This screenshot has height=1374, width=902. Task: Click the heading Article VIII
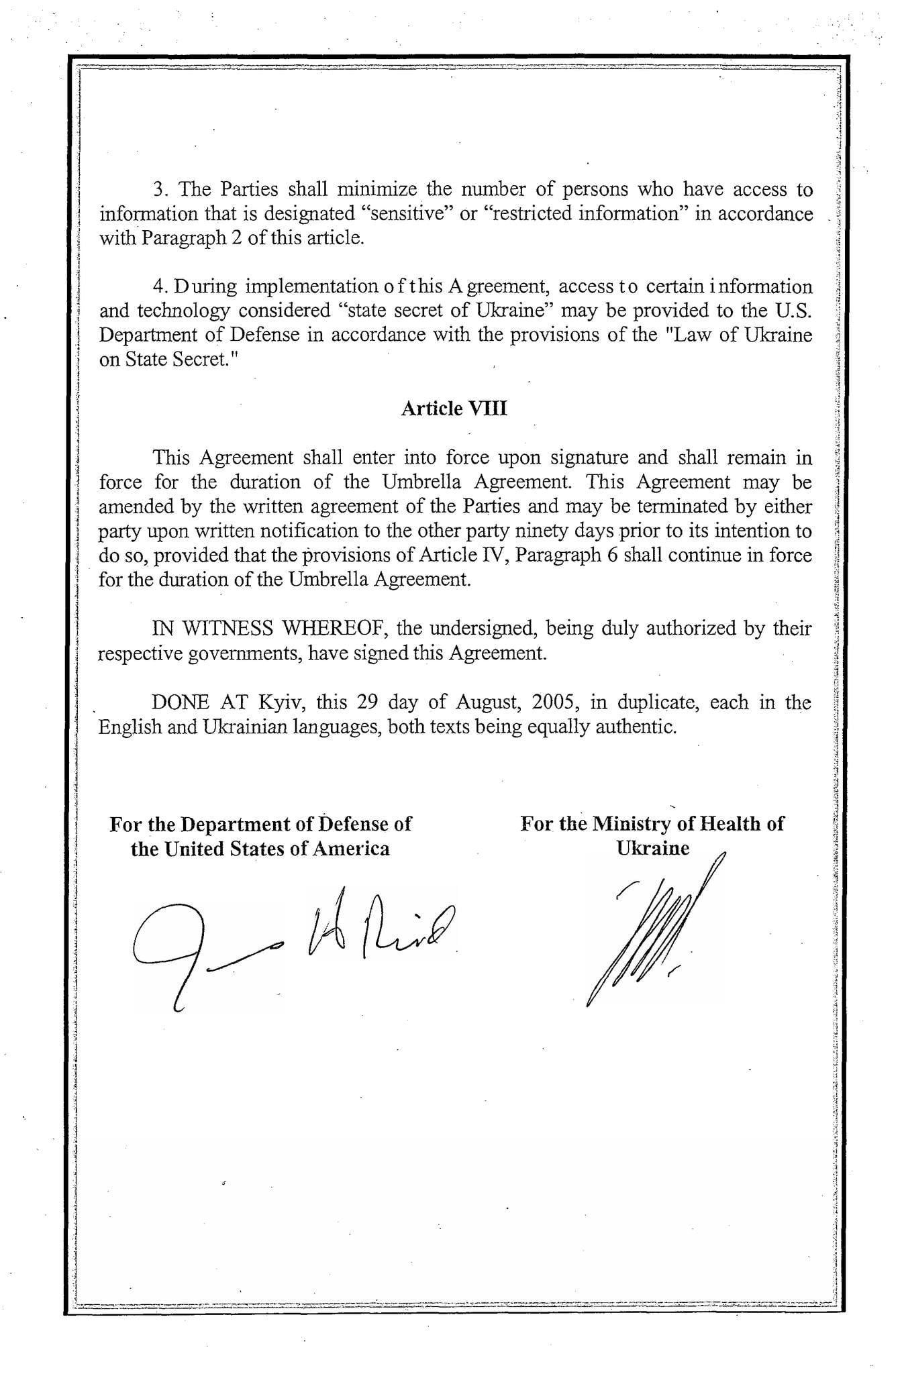[454, 409]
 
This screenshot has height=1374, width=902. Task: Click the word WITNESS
[228, 629]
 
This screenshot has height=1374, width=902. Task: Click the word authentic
[636, 727]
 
